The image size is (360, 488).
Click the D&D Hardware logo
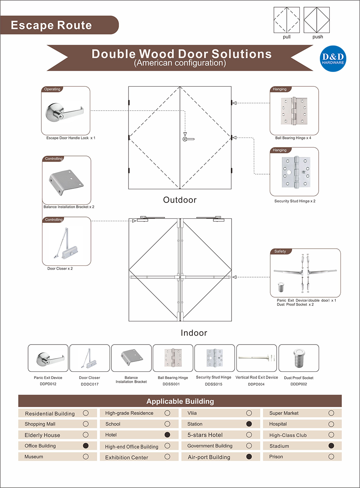[333, 59]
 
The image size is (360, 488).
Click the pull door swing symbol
[286, 20]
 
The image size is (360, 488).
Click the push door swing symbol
[317, 20]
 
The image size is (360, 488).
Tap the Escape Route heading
[52, 25]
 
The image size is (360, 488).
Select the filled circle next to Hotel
[167, 435]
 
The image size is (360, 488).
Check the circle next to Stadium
[331, 446]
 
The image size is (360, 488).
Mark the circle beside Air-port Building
[249, 457]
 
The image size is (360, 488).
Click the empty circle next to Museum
[86, 457]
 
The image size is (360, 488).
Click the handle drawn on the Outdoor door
[188, 139]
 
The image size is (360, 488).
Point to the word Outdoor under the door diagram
[180, 200]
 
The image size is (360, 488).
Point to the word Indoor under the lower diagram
[194, 333]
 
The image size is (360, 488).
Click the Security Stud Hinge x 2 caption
[295, 201]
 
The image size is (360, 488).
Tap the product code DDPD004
[256, 384]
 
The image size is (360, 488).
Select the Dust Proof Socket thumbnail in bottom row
[299, 358]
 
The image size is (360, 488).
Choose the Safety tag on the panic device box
[280, 251]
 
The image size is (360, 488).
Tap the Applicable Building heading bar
[180, 401]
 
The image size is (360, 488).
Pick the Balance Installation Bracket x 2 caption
[69, 207]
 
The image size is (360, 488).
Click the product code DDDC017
[89, 384]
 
